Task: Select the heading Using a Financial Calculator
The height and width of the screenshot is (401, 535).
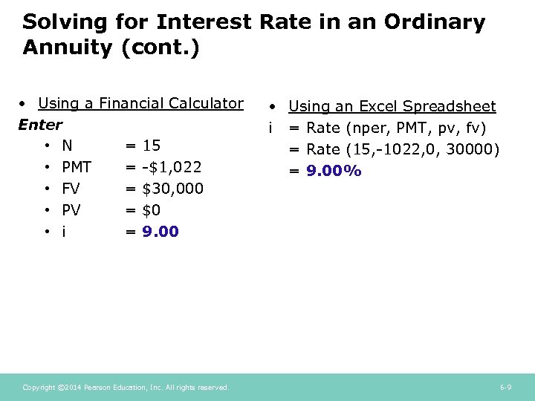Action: (x=140, y=103)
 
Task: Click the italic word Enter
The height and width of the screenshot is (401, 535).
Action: (x=40, y=124)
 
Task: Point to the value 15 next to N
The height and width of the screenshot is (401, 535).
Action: (x=152, y=146)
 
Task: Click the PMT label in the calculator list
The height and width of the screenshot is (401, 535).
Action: (x=77, y=167)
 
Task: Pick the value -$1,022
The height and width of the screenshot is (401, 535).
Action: (x=172, y=167)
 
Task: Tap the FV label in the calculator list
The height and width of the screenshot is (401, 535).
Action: (x=71, y=189)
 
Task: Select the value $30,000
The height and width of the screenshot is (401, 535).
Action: (x=172, y=189)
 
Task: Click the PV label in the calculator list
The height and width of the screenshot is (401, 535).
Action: (x=71, y=210)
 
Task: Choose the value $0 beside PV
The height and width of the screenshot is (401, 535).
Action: (x=151, y=210)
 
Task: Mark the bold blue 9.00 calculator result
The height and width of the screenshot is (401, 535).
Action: (x=160, y=232)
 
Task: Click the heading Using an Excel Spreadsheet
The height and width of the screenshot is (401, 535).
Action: (x=392, y=107)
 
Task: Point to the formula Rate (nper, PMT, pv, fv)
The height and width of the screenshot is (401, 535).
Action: (x=396, y=128)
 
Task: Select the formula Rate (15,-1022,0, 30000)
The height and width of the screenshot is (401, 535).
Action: (x=403, y=150)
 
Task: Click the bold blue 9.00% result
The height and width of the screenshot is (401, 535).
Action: (x=334, y=172)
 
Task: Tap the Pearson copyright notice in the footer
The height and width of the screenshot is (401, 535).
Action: (x=126, y=388)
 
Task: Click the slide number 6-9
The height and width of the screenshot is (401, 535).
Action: (x=505, y=388)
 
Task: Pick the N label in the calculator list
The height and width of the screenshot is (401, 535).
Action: (x=68, y=146)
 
